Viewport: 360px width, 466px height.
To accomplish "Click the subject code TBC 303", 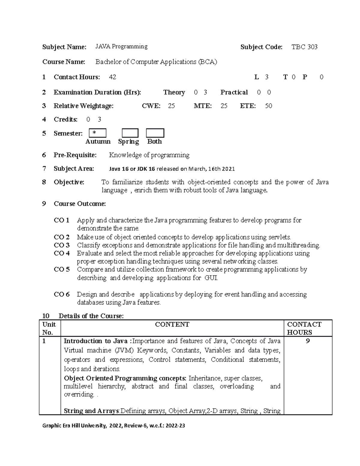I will [x=304, y=47].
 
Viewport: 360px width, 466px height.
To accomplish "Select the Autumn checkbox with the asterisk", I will [x=97, y=133].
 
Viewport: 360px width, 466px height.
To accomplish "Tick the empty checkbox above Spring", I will [x=130, y=133].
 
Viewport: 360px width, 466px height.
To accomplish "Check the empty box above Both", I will [x=155, y=133].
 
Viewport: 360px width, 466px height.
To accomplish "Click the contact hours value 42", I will [x=112, y=77].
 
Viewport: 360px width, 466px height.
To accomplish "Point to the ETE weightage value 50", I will [x=268, y=106].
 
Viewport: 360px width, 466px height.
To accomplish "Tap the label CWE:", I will [x=151, y=106].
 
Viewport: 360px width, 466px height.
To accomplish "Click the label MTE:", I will [x=202, y=106].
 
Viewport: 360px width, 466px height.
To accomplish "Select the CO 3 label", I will [x=61, y=245].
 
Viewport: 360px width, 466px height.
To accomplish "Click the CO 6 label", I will [x=61, y=294].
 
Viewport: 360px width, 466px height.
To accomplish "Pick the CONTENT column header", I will [x=172, y=324].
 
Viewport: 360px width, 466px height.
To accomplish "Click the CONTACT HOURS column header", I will [x=304, y=328].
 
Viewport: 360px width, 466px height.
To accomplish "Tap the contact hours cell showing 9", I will [x=307, y=341].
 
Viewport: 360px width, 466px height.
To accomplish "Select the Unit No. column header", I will [x=49, y=328].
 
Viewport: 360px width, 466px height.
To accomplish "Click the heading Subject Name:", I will [x=64, y=47].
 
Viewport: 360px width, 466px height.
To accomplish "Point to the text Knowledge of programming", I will [x=149, y=155].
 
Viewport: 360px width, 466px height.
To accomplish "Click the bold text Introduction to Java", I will [x=96, y=341].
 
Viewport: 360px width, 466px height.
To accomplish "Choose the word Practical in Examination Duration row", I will [x=234, y=92].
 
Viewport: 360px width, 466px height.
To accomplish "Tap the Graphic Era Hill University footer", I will [x=113, y=425].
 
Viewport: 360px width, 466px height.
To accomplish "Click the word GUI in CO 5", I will [x=211, y=278].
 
